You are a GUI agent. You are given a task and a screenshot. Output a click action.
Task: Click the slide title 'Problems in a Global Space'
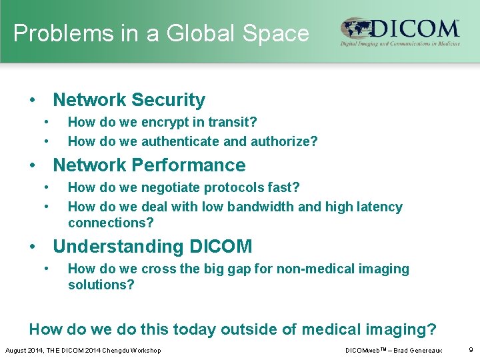click(x=161, y=33)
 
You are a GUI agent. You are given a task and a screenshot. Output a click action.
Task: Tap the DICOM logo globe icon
click(x=357, y=30)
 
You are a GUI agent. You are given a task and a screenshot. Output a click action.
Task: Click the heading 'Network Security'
click(x=129, y=100)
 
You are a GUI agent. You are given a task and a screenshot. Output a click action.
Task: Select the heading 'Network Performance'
click(x=149, y=165)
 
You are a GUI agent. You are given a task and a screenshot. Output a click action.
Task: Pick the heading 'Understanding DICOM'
click(x=152, y=247)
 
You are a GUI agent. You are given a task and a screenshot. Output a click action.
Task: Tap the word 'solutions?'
click(x=101, y=285)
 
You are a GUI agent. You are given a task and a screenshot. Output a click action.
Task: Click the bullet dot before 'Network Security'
click(x=32, y=101)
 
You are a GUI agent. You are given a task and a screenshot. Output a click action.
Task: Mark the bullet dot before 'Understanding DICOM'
click(x=32, y=247)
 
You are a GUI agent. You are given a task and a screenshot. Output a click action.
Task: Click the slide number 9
click(x=470, y=350)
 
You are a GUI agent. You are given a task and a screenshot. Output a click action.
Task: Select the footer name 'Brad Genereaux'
click(x=417, y=351)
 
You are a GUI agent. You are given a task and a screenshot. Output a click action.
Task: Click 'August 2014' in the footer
click(x=23, y=351)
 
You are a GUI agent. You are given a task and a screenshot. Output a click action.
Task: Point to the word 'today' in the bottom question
click(x=193, y=329)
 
